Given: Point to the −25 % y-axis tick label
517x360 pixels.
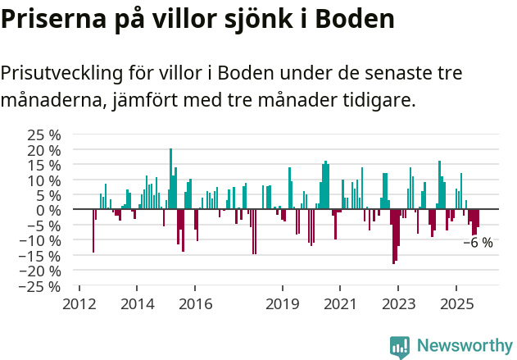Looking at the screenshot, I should tap(42, 286).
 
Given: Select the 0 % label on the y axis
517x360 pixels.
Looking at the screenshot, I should tap(48, 210).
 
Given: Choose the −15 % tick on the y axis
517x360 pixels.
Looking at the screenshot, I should tap(42, 256).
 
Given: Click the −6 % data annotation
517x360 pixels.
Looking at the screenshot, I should tap(478, 243).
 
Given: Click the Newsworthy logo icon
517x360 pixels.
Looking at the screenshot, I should tap(400, 347).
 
